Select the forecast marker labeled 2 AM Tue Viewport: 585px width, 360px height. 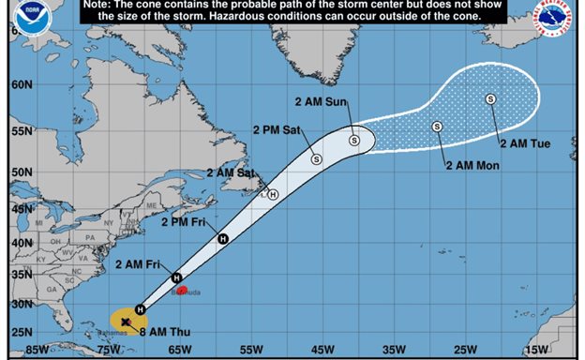pos(490,98)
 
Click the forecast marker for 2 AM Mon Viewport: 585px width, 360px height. pos(437,127)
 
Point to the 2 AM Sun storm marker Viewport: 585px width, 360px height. pos(354,141)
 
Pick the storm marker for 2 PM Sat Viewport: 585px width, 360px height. pos(317,158)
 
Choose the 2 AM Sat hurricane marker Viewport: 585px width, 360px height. pos(272,195)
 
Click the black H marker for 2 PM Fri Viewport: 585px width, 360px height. pos(223,239)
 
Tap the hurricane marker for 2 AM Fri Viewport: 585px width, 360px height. pos(176,277)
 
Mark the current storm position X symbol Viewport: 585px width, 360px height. pos(125,322)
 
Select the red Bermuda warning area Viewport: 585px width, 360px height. pos(182,290)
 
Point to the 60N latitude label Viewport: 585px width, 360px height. pos(22,83)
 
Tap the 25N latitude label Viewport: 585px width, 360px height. pos(22,333)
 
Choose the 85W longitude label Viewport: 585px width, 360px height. pos(38,350)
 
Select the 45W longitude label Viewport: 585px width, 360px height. pos(322,350)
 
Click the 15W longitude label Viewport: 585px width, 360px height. pos(535,350)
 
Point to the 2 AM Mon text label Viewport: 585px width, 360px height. pos(472,166)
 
